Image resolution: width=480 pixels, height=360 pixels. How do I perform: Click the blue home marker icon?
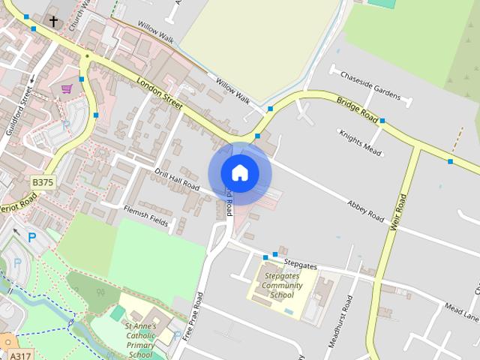point(239,172)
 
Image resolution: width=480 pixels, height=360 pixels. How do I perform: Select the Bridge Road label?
point(357,109)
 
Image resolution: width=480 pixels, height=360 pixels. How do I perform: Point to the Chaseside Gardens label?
point(370,83)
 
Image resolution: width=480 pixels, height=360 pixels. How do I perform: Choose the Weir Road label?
point(397,213)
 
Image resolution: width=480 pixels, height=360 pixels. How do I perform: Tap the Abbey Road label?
point(366,211)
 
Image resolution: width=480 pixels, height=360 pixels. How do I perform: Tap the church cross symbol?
point(53,21)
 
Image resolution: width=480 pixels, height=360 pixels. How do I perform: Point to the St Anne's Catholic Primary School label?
point(140,340)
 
